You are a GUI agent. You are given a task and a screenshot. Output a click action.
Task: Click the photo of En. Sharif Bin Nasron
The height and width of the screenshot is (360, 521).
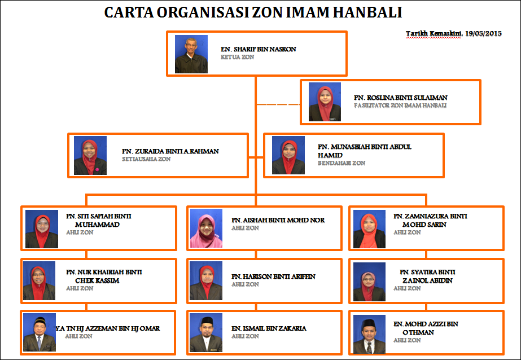(x=188, y=54)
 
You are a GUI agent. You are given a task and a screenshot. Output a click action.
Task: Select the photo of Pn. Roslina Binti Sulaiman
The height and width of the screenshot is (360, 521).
(x=325, y=102)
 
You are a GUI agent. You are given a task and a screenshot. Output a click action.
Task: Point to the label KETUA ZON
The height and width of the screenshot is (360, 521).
(x=238, y=58)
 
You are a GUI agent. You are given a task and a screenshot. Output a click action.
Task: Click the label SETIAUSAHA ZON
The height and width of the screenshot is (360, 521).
(x=146, y=159)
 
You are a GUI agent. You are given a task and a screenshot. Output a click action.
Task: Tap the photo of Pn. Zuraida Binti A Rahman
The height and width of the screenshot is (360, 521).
(x=90, y=155)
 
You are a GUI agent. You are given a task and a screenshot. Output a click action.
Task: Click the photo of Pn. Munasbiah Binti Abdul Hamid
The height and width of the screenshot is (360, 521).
(x=288, y=155)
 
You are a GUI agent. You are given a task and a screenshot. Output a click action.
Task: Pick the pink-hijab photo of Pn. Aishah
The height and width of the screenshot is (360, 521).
(x=206, y=229)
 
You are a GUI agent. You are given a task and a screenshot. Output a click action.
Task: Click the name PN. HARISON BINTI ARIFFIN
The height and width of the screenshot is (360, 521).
(x=273, y=276)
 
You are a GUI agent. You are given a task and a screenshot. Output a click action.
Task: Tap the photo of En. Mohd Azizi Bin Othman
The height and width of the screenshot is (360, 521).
(x=369, y=334)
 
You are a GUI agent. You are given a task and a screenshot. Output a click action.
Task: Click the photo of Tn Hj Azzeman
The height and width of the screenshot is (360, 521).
(x=40, y=332)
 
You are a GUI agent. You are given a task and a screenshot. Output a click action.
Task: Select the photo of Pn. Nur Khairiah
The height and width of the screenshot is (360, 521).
(x=40, y=280)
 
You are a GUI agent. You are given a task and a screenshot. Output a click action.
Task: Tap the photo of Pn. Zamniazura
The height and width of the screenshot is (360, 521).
(x=369, y=229)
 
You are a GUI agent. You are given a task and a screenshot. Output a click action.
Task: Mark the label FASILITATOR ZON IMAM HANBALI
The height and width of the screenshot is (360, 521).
(x=400, y=106)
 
